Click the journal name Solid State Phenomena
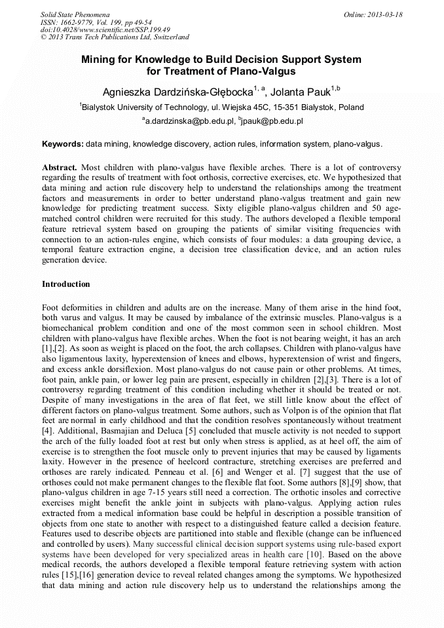click(75, 14)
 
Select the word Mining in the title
click(97, 60)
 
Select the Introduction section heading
click(66, 284)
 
